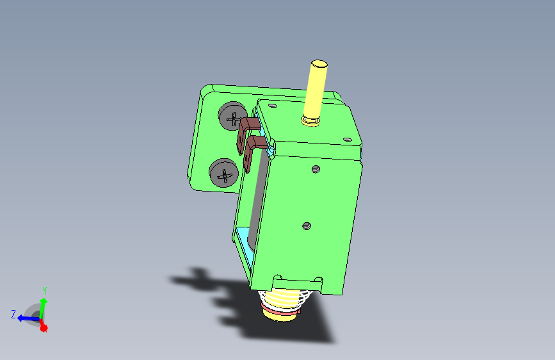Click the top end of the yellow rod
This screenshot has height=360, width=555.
click(319, 64)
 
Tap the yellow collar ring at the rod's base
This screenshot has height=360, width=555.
click(310, 122)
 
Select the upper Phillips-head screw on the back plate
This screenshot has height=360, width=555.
click(232, 116)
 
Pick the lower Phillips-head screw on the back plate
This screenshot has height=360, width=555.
click(223, 173)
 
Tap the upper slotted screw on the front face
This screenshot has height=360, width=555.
click(316, 169)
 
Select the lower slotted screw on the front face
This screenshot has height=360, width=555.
click(307, 225)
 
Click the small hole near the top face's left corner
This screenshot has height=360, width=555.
click(272, 106)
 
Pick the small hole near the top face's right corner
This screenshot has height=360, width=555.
click(348, 140)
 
